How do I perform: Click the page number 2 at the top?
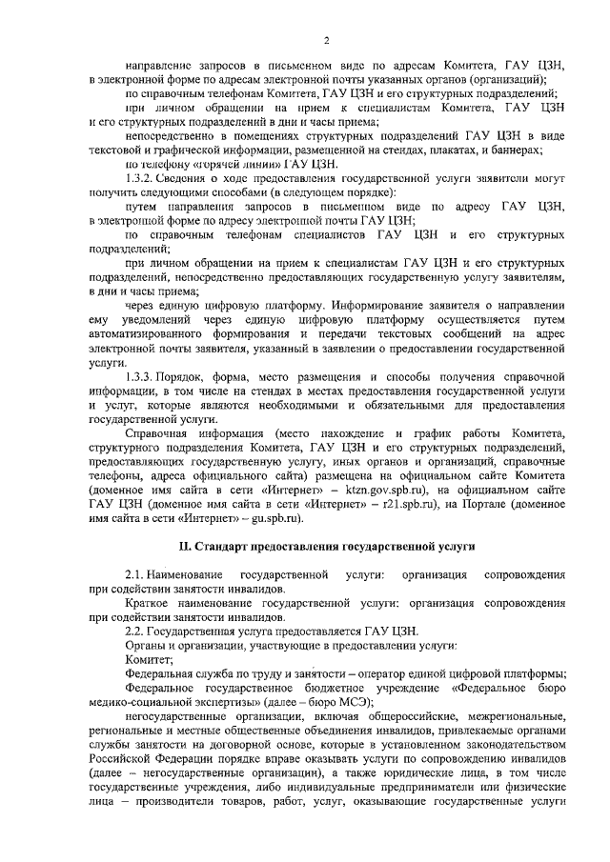click(326, 39)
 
